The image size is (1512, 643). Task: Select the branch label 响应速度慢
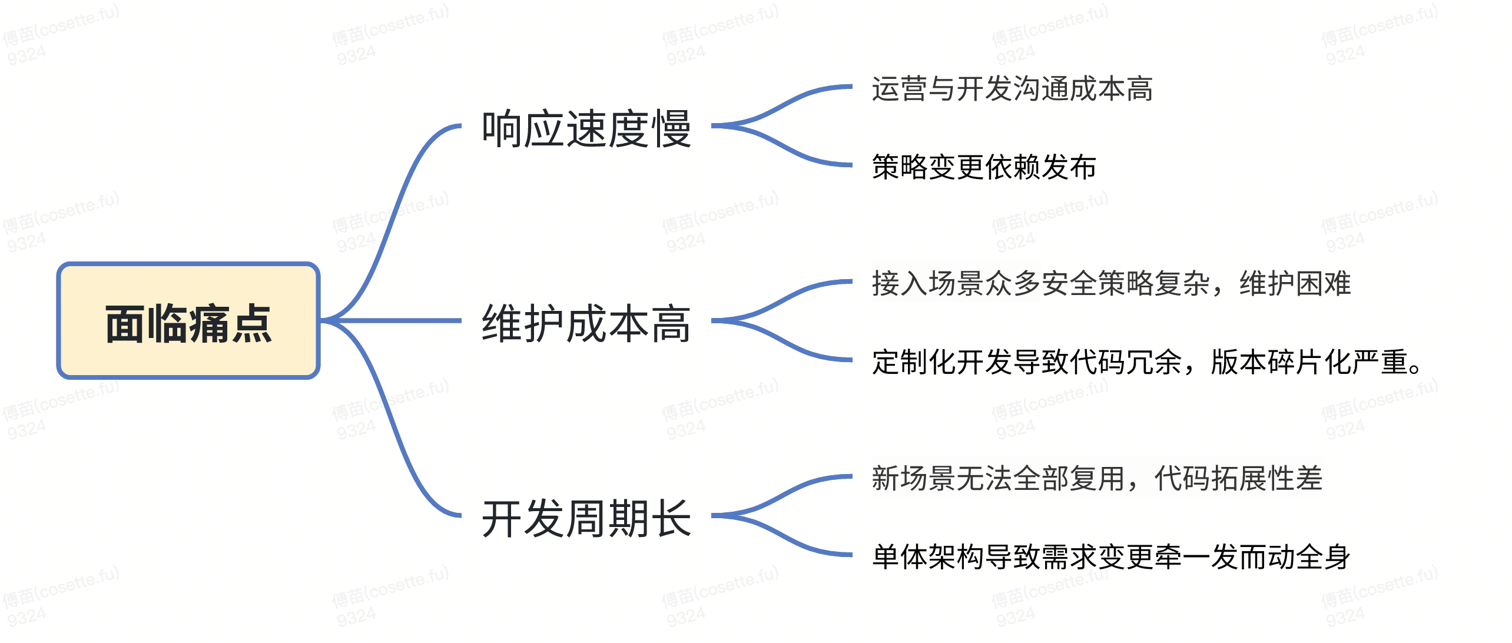(x=586, y=129)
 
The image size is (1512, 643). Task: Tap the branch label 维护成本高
(x=586, y=323)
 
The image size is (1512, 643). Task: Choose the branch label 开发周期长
(x=586, y=518)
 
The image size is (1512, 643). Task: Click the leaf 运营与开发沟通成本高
(x=1012, y=89)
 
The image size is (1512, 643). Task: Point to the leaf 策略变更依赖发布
(x=983, y=167)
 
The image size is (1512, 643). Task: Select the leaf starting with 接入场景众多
(x=1110, y=283)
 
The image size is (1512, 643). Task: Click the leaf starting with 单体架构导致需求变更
(x=1110, y=556)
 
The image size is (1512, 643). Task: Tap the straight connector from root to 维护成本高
(x=400, y=321)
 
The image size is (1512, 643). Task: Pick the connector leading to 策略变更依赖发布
(x=789, y=150)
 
